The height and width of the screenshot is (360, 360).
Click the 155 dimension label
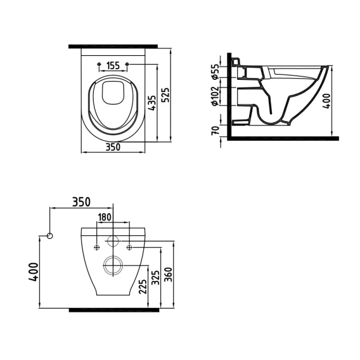(x=113, y=66)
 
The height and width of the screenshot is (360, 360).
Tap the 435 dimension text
(x=152, y=103)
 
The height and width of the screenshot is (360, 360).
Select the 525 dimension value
(x=165, y=95)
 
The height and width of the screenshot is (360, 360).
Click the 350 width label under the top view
(x=113, y=147)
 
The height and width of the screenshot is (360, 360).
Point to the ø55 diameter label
(x=215, y=72)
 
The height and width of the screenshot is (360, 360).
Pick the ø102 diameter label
(x=215, y=96)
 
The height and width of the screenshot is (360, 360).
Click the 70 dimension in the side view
(x=215, y=131)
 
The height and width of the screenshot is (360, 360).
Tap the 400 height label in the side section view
(x=326, y=101)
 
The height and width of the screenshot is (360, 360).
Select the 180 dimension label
(x=105, y=217)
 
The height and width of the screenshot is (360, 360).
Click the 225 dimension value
(x=143, y=286)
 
